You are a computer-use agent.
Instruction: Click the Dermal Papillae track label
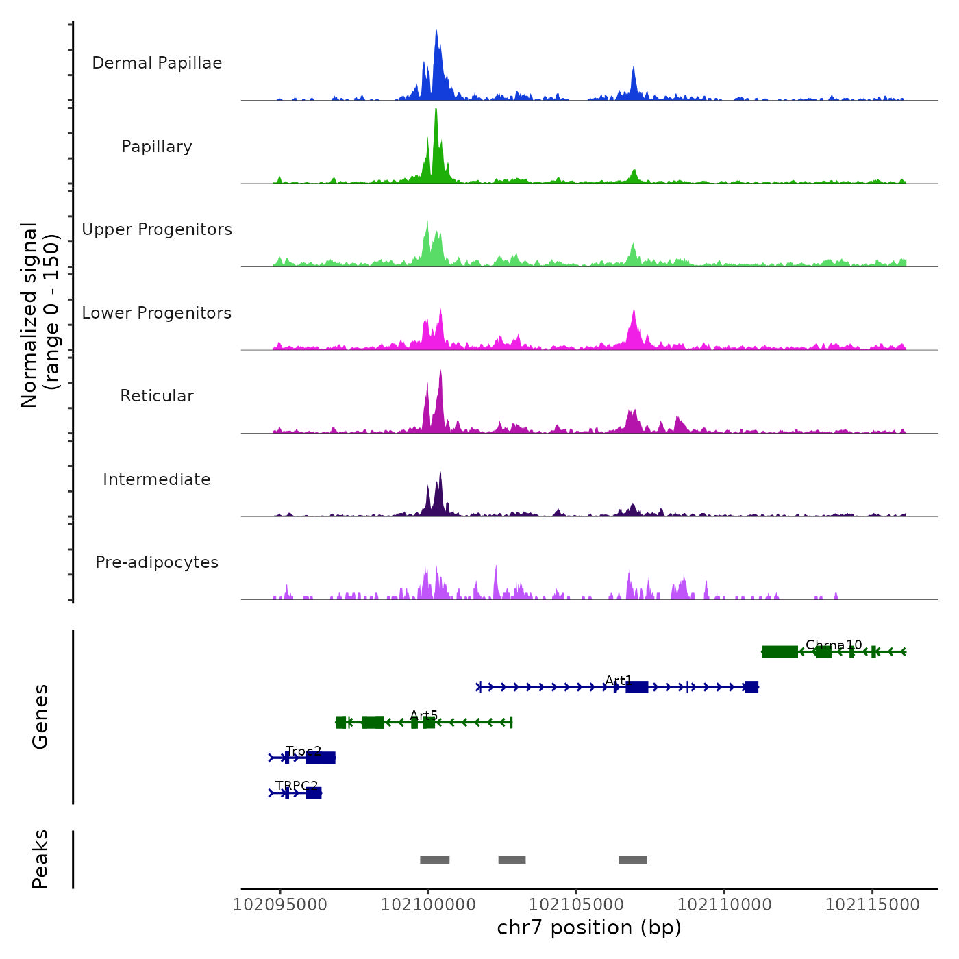[x=157, y=63]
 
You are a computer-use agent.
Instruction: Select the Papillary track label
[x=157, y=147]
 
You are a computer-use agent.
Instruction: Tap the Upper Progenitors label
[x=157, y=229]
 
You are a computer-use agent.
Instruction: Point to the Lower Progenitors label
[x=157, y=313]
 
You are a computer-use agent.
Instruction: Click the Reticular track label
[x=157, y=396]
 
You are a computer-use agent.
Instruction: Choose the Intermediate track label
[x=157, y=480]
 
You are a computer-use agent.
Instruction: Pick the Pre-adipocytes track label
[x=157, y=562]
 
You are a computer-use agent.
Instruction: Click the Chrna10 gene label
[x=834, y=645]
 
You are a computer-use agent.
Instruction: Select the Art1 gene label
[x=619, y=680]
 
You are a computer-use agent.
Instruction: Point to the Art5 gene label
[x=423, y=716]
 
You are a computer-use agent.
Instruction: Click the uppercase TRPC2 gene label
[x=297, y=786]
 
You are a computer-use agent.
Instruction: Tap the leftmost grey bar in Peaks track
[x=434, y=860]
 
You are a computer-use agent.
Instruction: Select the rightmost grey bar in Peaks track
[x=633, y=860]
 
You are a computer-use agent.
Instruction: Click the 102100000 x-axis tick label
[x=428, y=905]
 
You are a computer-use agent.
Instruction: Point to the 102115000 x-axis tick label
[x=872, y=905]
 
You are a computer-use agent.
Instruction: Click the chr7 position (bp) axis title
[x=589, y=927]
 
